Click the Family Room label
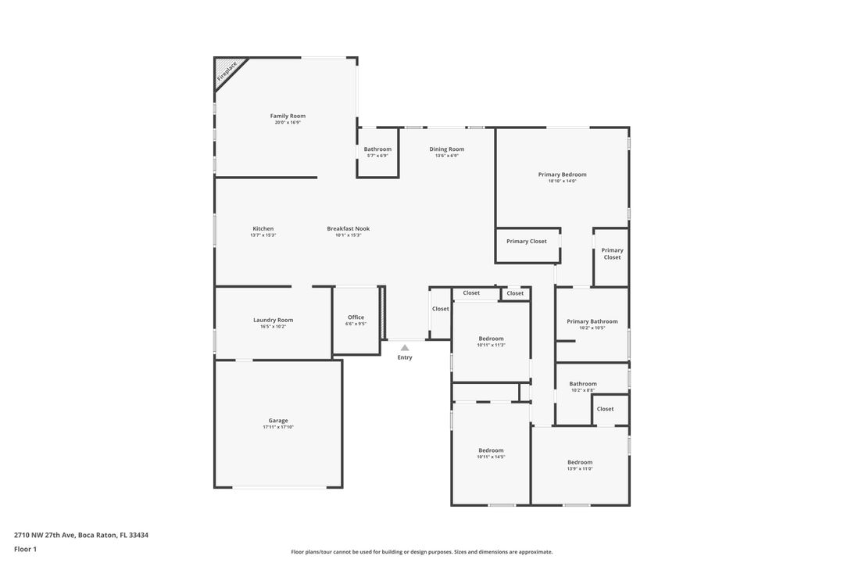pos(288,117)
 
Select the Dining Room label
pos(446,149)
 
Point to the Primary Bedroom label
pos(562,174)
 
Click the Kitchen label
pos(263,229)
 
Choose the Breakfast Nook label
pos(348,229)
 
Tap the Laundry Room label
pos(273,320)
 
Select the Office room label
pos(356,317)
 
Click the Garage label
pos(278,421)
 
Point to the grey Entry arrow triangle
pos(404,347)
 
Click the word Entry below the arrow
pos(404,358)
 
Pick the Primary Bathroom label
pos(592,321)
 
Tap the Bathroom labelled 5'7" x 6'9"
pos(377,149)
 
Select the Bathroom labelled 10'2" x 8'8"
pos(582,384)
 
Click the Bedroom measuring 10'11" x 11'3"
pos(491,339)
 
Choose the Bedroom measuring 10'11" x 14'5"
pos(491,450)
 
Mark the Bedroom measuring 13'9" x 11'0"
pos(580,462)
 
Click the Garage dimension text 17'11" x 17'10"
pos(278,428)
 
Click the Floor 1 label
pos(25,550)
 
